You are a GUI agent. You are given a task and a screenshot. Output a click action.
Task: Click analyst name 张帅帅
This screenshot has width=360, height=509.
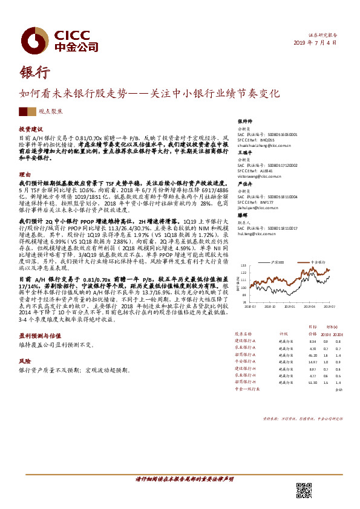244,121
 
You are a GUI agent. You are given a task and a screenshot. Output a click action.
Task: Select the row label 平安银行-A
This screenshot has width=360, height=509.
245,361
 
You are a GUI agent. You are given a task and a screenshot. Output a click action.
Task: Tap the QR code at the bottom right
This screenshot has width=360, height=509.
304,489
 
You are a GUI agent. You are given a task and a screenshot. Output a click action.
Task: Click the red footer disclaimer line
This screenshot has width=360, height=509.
183,478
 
